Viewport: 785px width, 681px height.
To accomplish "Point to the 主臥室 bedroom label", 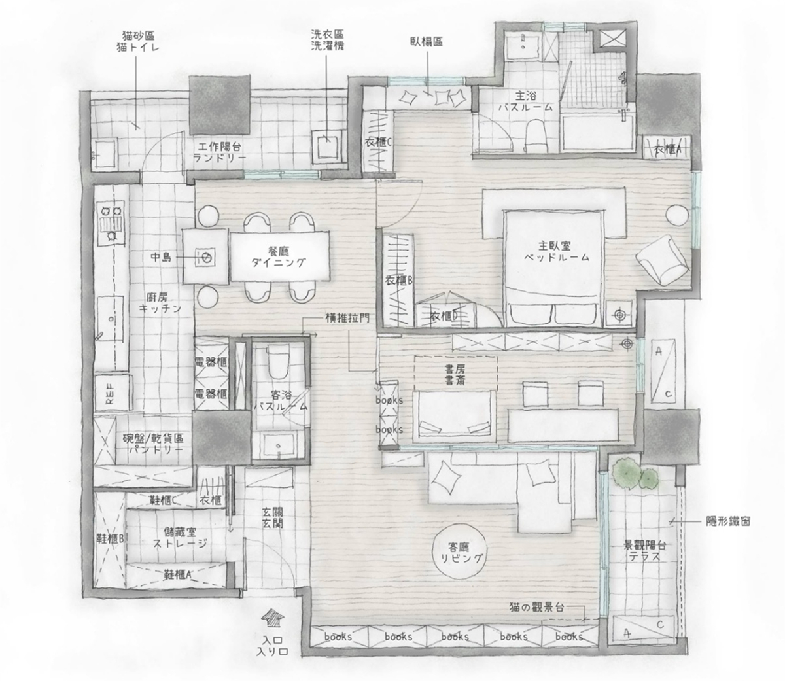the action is pyautogui.click(x=556, y=251).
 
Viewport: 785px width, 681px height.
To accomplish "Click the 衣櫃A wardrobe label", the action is pyautogui.click(x=667, y=150).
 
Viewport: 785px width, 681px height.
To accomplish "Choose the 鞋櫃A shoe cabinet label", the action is pyautogui.click(x=178, y=574).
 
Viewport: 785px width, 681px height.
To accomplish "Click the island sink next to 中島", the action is pyautogui.click(x=205, y=256).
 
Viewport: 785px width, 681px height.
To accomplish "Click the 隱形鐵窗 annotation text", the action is pyautogui.click(x=728, y=521).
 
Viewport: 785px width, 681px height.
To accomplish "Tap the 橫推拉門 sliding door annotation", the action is pyautogui.click(x=347, y=319).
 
